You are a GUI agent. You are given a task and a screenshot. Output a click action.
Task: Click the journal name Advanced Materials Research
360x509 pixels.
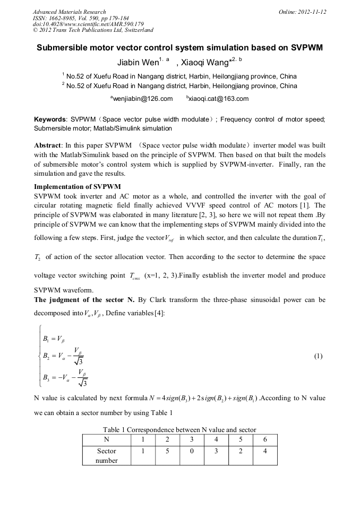pos(69,12)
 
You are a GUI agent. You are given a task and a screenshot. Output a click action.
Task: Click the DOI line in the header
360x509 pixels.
pos(88,24)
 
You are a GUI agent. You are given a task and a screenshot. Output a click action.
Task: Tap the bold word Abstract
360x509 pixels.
pos(48,145)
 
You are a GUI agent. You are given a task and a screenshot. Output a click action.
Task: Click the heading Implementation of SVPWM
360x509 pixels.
pos(78,187)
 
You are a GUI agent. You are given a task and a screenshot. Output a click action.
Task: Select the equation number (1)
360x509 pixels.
pos(318,356)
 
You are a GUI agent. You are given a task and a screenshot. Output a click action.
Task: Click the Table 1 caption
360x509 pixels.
pos(179,429)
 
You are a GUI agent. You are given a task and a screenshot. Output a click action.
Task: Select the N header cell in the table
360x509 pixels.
pos(106,439)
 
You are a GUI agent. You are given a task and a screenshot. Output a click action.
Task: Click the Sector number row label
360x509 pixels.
pos(106,455)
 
